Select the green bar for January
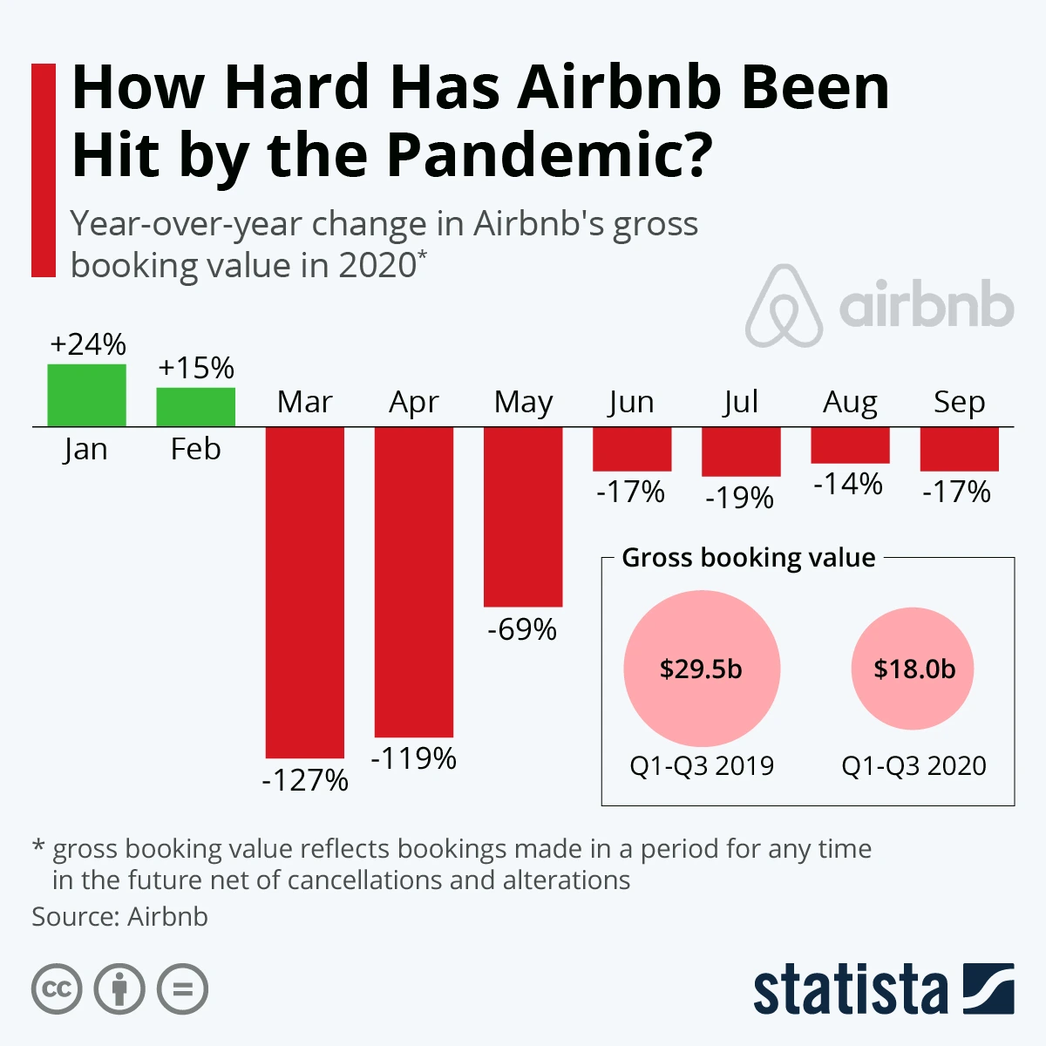click(86, 395)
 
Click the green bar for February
click(195, 407)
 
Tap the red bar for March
click(304, 592)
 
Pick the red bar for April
click(413, 581)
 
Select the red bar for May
click(523, 516)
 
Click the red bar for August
click(850, 445)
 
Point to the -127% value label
click(304, 779)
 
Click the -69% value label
click(522, 629)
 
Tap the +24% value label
click(87, 344)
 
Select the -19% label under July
click(739, 498)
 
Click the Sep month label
click(959, 402)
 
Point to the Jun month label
click(631, 402)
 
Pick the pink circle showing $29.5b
click(701, 669)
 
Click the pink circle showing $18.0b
click(914, 669)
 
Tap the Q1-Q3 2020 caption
click(914, 765)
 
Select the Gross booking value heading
click(748, 558)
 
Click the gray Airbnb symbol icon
click(784, 306)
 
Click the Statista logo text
click(850, 990)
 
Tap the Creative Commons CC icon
click(57, 989)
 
